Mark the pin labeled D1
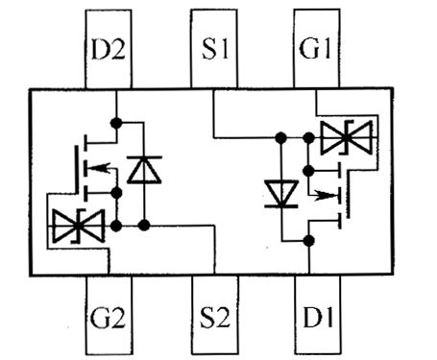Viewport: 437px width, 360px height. [317, 315]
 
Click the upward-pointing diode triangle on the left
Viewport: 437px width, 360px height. [143, 171]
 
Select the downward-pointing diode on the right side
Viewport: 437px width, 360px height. [280, 194]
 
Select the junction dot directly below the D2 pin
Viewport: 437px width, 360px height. [115, 123]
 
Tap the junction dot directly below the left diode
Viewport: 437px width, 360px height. [143, 226]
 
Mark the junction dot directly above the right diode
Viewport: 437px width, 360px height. [280, 139]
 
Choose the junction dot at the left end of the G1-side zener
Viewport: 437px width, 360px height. [307, 139]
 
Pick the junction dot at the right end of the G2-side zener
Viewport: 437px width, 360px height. [115, 226]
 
